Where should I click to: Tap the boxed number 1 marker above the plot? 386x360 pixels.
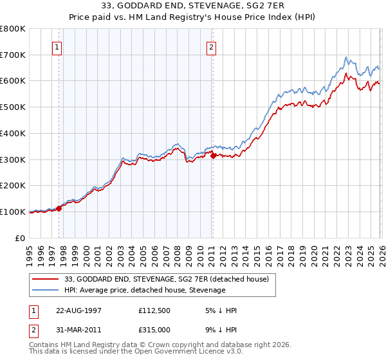click(57, 46)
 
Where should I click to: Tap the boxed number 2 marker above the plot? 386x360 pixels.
click(211, 46)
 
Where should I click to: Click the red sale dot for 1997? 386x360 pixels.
click(59, 208)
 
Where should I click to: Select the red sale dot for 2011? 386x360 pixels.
click(213, 154)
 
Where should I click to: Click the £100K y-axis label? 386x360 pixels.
click(13, 212)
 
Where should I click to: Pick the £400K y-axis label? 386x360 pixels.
click(13, 134)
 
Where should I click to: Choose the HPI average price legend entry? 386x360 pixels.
click(145, 290)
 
